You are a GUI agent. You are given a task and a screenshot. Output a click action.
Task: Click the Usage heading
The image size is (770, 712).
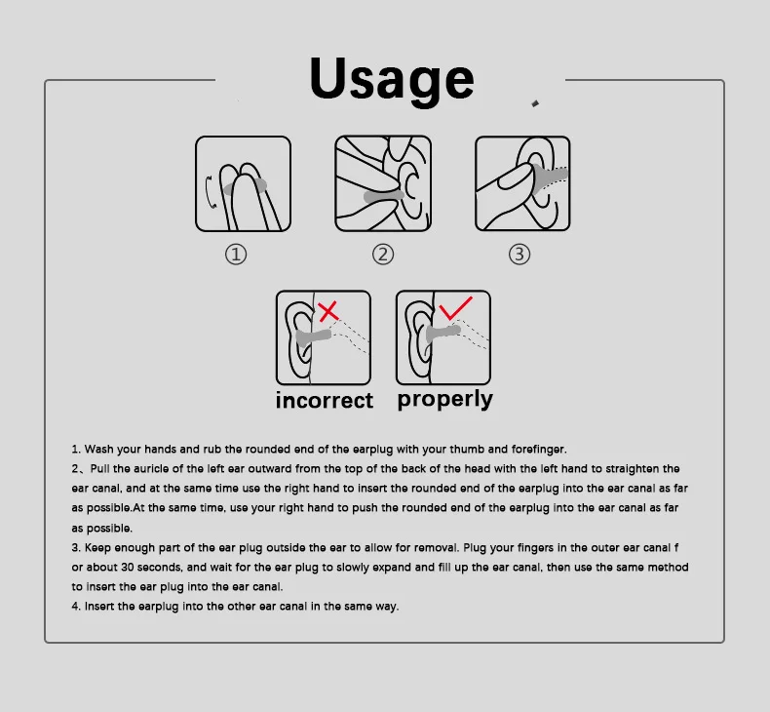point(392,81)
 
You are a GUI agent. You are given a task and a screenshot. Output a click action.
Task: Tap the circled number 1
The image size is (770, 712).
point(236,255)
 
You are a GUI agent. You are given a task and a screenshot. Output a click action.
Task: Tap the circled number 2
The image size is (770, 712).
point(383,255)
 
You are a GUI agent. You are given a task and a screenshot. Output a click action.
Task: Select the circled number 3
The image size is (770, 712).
point(520,255)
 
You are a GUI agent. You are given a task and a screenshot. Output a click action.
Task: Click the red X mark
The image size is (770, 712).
point(328,311)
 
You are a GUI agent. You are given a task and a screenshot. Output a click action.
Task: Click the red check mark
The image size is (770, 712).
point(456,307)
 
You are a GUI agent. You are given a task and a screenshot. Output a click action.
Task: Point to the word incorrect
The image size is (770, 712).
point(325,401)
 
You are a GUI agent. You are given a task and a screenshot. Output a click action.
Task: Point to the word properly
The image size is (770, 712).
point(444,400)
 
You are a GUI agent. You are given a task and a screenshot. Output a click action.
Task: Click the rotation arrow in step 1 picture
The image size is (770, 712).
point(210,191)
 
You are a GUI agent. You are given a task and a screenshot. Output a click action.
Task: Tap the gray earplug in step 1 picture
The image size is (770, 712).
point(246,187)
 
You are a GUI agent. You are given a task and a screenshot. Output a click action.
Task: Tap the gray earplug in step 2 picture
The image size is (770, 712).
point(383,197)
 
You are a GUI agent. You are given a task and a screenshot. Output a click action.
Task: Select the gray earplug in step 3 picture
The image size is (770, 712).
point(550,177)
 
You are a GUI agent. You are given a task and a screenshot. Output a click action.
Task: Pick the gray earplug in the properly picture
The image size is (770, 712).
point(443,333)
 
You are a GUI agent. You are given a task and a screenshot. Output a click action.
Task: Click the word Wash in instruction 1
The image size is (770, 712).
point(98,449)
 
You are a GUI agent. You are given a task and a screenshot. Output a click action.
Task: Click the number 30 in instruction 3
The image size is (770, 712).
point(127,567)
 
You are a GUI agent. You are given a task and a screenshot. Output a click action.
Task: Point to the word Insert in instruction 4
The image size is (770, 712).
point(99,607)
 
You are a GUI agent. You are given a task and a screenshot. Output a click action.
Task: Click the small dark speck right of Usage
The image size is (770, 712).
point(535,103)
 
